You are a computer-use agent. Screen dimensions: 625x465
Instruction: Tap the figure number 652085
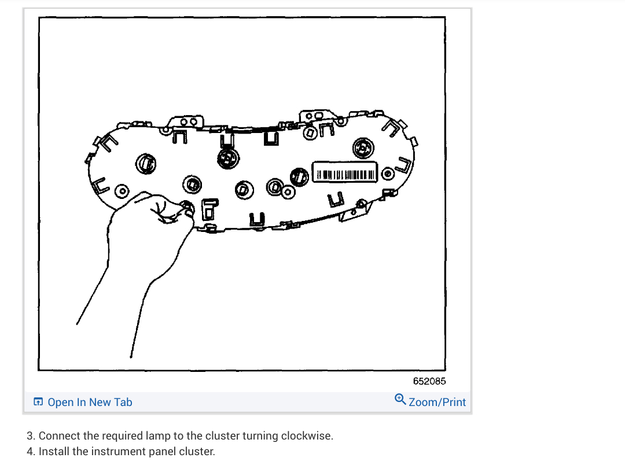(x=429, y=381)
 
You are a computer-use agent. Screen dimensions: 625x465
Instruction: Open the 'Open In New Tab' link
(x=90, y=403)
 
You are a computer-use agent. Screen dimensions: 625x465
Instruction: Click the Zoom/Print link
(x=437, y=403)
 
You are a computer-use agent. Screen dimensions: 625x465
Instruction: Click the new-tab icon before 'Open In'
(x=38, y=403)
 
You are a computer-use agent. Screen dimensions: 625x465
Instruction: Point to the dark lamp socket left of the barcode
(x=299, y=175)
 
